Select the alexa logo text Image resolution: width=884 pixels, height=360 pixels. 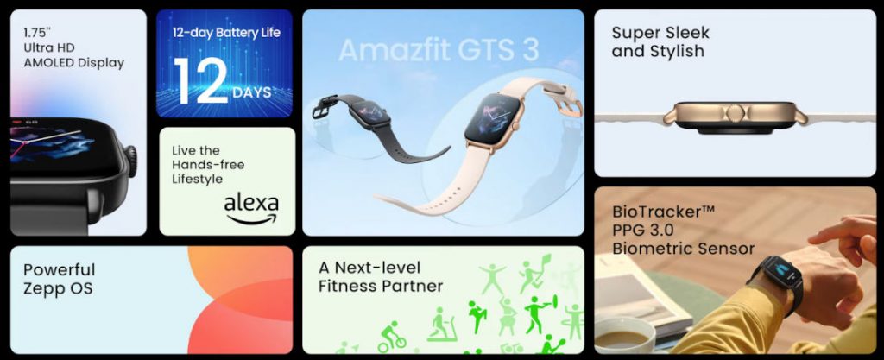click(x=250, y=205)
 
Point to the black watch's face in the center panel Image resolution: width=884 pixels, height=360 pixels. click(x=375, y=114)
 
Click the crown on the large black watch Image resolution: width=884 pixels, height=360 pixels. click(x=131, y=161)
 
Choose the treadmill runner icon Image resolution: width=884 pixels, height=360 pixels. click(x=440, y=325)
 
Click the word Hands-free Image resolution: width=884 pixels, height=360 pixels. click(x=207, y=164)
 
